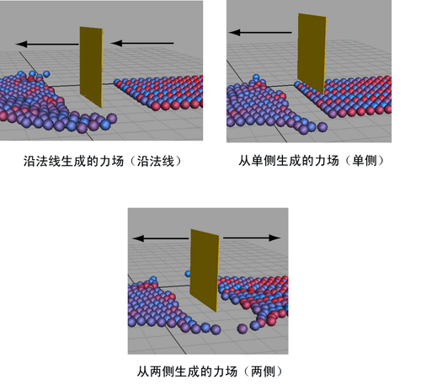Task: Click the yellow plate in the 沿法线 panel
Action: pyautogui.click(x=91, y=67)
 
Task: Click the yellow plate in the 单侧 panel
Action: pyautogui.click(x=312, y=53)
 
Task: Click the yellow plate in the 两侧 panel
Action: pyautogui.click(x=205, y=270)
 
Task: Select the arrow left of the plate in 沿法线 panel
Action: pyautogui.click(x=47, y=44)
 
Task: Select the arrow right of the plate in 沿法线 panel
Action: pyautogui.click(x=142, y=43)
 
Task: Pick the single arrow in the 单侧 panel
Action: pyautogui.click(x=260, y=32)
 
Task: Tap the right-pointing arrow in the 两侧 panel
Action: pyautogui.click(x=252, y=238)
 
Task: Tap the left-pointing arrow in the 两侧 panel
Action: pyautogui.click(x=161, y=238)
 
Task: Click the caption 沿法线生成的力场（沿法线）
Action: pyautogui.click(x=103, y=162)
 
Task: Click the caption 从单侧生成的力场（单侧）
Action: pyautogui.click(x=311, y=161)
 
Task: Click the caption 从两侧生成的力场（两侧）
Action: pyautogui.click(x=210, y=371)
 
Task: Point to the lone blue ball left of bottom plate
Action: pyautogui.click(x=188, y=274)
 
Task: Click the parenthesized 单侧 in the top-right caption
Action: pyautogui.click(x=365, y=161)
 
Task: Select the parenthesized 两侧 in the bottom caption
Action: pyautogui.click(x=263, y=371)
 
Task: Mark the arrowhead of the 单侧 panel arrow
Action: pyautogui.click(x=234, y=32)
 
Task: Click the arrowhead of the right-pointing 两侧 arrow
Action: pyautogui.click(x=275, y=238)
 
